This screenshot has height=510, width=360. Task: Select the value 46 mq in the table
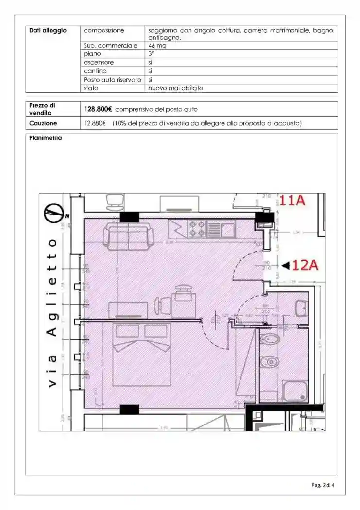tap(156, 46)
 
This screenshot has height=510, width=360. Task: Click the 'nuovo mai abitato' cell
tap(175, 88)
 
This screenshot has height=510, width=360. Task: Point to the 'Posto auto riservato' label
tap(112, 80)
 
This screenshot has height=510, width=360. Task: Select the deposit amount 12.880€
tap(95, 123)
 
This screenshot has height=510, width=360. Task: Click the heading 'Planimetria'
tap(45, 138)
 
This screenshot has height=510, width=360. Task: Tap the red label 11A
tap(291, 201)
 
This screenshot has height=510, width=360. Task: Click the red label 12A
tap(306, 265)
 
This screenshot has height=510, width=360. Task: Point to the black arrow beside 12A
tap(286, 265)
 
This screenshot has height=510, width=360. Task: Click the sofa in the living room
tap(128, 236)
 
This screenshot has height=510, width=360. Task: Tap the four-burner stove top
tap(197, 229)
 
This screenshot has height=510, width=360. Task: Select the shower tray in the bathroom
tap(295, 390)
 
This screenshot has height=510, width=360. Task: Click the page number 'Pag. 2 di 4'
tap(323, 485)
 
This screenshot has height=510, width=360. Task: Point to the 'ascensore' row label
tap(98, 63)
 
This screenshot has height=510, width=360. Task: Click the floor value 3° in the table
tap(151, 54)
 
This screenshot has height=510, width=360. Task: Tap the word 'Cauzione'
tap(43, 123)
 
